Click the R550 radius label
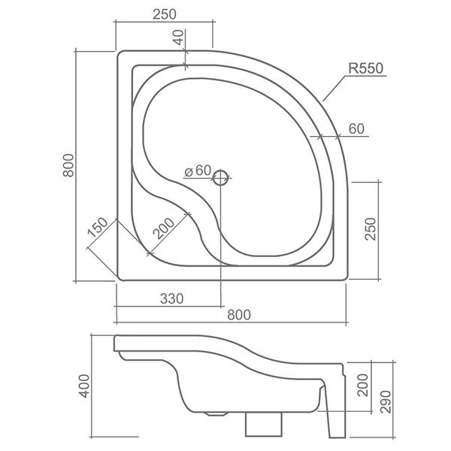point(366,68)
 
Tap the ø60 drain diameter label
point(198,171)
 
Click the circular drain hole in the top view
point(220,178)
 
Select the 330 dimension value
point(171,299)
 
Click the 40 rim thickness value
point(177,38)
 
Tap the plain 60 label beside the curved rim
point(356,129)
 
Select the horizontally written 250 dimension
point(163,13)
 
